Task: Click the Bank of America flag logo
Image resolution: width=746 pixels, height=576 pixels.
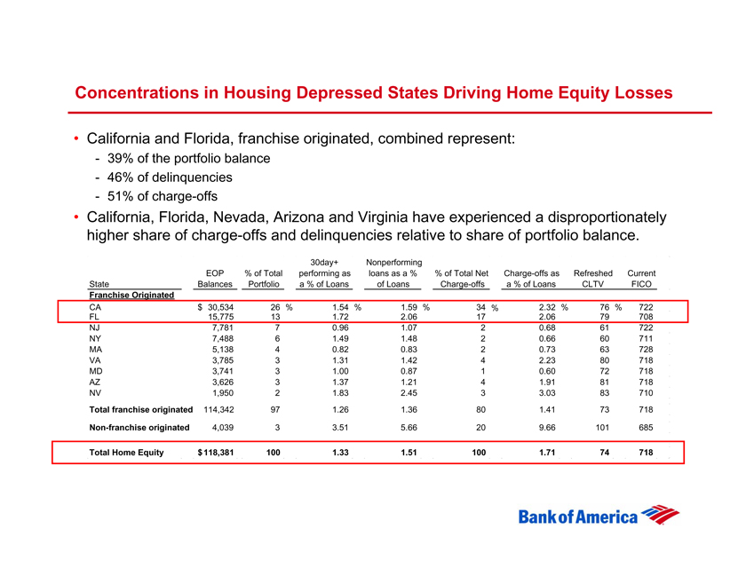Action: pyautogui.click(x=663, y=516)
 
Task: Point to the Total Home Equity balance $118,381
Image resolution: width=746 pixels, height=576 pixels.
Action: pyautogui.click(x=214, y=453)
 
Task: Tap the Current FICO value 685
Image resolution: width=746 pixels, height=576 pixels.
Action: pyautogui.click(x=646, y=428)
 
